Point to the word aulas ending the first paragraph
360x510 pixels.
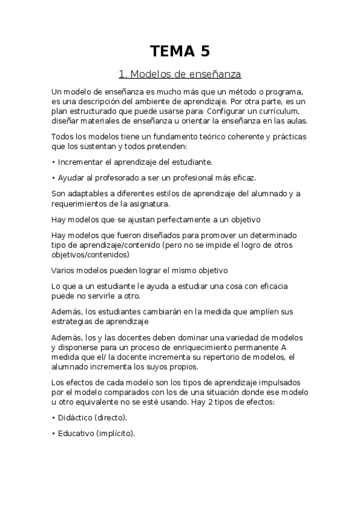click(294, 120)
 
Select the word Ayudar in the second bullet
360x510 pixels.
click(70, 178)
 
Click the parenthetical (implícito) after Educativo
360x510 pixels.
click(115, 433)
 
